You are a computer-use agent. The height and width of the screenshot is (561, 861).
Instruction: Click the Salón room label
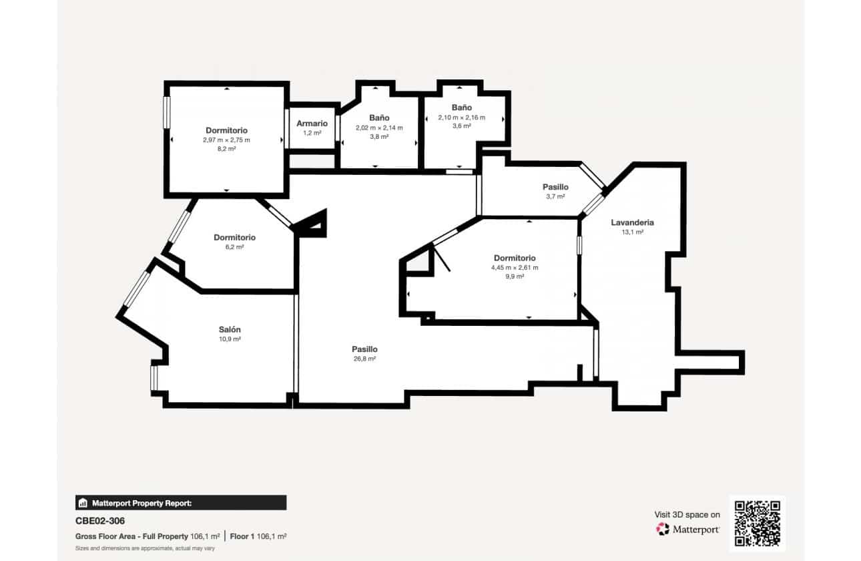point(230,330)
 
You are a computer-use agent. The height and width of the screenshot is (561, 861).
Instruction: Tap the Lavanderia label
point(632,222)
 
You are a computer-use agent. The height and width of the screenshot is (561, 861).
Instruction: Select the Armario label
point(312,124)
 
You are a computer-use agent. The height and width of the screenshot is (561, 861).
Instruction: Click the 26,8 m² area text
point(364,359)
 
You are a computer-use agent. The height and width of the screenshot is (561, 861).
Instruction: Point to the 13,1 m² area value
point(632,232)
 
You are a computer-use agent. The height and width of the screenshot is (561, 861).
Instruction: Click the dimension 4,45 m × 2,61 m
point(514,267)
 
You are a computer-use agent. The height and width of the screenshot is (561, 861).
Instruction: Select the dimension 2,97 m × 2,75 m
point(226,140)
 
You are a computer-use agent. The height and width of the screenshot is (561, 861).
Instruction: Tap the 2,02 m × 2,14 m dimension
point(379,128)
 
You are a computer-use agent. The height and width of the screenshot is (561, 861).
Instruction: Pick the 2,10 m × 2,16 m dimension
point(461,117)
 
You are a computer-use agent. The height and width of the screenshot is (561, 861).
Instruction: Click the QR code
point(757,524)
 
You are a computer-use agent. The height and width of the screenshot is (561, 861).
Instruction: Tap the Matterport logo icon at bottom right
point(663,529)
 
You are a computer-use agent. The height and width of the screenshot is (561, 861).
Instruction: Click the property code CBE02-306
point(100,521)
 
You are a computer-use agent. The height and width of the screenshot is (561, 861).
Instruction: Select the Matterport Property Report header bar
point(181,503)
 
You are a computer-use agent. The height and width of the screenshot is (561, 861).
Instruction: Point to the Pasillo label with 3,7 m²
point(555,188)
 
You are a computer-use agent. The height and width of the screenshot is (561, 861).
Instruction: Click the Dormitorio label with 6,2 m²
point(234,238)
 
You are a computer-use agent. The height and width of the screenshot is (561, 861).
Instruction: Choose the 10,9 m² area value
point(230,339)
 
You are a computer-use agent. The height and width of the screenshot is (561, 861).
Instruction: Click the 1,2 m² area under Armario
point(312,133)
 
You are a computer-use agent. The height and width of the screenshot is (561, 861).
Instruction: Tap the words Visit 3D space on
point(687,515)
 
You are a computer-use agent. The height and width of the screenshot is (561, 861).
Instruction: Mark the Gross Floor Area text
point(132,536)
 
